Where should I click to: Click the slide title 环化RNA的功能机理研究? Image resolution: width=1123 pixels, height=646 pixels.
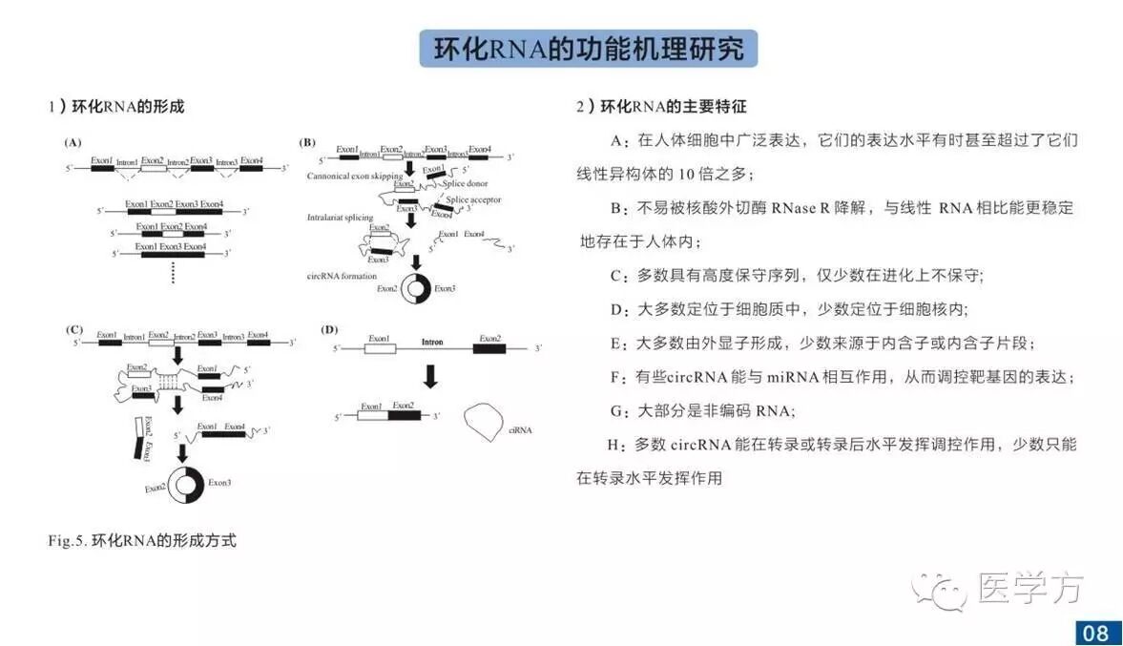tap(588, 49)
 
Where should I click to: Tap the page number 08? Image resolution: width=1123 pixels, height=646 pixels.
tap(1095, 632)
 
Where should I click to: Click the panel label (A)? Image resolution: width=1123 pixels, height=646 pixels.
tap(73, 142)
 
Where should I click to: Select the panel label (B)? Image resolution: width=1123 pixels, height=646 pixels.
tap(307, 142)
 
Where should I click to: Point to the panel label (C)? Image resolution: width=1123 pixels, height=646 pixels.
tap(73, 329)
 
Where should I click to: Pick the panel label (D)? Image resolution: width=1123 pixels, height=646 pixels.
tap(329, 329)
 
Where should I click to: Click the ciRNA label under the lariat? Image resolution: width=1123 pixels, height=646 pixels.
tap(521, 430)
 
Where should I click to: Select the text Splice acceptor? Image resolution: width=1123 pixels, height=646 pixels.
tap(473, 199)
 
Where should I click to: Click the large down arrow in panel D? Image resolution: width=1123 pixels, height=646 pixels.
tap(430, 377)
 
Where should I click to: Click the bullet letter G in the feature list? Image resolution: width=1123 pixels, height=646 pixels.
tap(615, 412)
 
